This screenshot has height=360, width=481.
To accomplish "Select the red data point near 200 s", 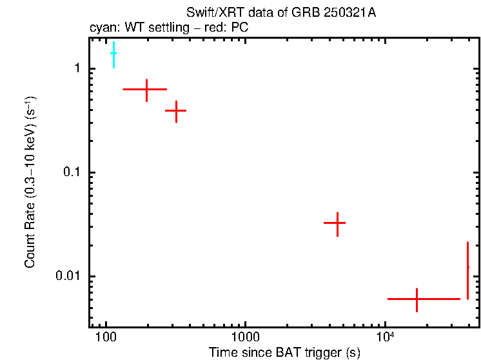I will (x=146, y=89).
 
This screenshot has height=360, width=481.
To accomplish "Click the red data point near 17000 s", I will (x=417, y=299).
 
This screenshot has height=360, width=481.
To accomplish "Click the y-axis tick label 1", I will (x=77, y=68).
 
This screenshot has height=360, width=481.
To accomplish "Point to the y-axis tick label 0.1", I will (x=73, y=172).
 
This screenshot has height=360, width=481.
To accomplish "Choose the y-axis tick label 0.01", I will (x=70, y=276).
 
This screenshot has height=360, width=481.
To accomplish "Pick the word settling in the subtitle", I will (x=167, y=28).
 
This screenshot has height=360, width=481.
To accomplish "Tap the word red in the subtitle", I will (x=211, y=28).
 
